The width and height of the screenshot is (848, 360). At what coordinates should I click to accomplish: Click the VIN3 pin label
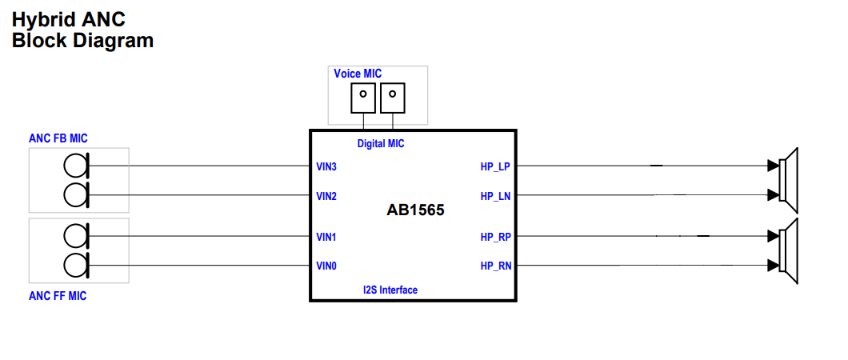(326, 167)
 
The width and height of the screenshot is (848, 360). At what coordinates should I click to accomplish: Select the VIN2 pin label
(326, 196)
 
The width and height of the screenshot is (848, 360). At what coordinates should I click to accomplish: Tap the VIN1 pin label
(326, 238)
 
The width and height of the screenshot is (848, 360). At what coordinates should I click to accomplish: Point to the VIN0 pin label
(326, 266)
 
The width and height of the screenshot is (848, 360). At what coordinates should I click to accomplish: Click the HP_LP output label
(495, 167)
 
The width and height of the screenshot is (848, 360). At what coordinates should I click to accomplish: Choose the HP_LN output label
(495, 196)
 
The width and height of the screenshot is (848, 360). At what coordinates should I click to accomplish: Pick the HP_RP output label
(495, 238)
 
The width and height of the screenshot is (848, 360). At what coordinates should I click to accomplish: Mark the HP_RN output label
(495, 266)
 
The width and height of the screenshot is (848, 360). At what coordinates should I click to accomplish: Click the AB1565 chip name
(415, 211)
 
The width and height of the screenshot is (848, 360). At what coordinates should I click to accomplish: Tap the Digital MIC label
(381, 144)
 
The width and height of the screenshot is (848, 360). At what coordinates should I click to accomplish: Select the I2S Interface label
(390, 290)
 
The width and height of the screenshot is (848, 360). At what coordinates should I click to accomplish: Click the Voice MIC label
(358, 74)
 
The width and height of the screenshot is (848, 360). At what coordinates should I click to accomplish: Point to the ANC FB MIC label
(58, 138)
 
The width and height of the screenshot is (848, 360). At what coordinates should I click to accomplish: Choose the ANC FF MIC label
(58, 296)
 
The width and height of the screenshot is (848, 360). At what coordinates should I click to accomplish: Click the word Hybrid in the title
(41, 19)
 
